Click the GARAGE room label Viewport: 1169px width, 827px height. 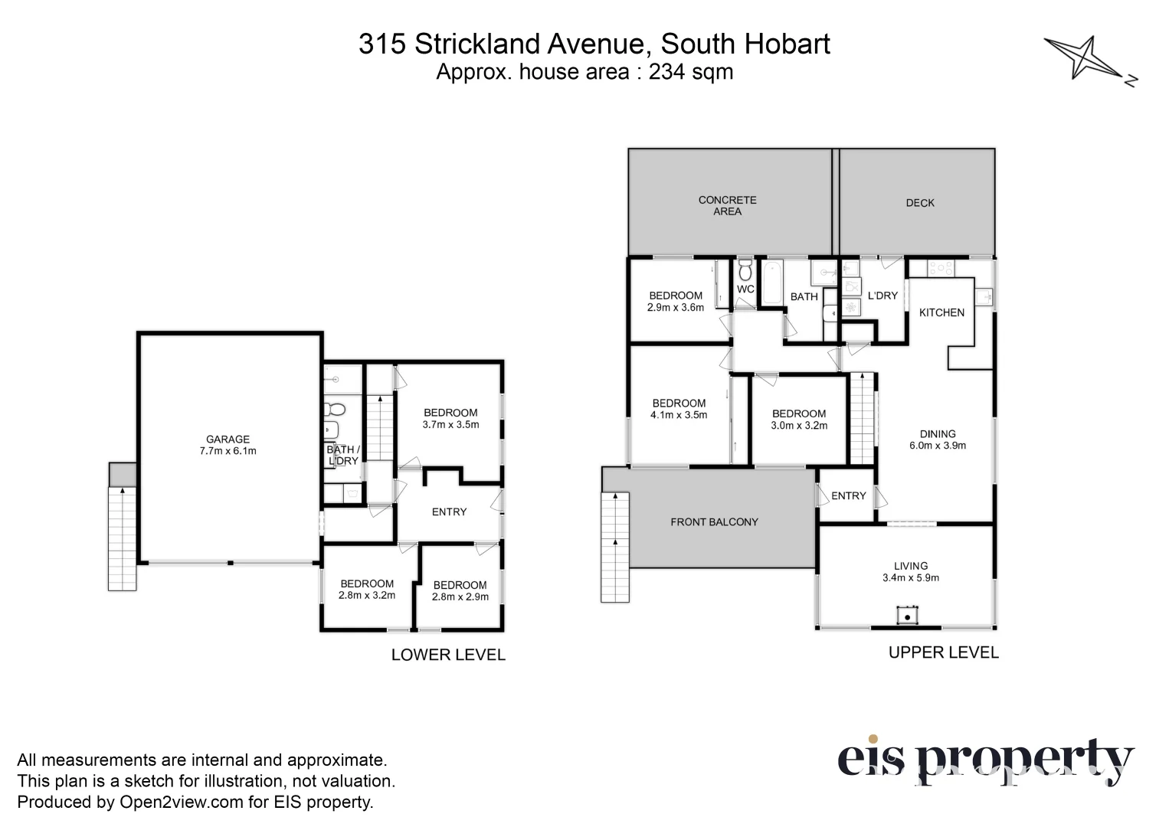[x=228, y=440]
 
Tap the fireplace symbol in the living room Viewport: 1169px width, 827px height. [x=908, y=616]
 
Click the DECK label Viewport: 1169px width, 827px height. [x=920, y=203]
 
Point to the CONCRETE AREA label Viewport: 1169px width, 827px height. [x=727, y=205]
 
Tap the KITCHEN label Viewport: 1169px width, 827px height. [x=941, y=312]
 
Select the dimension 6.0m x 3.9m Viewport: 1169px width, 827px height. [x=938, y=446]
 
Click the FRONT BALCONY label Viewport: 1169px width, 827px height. [x=714, y=522]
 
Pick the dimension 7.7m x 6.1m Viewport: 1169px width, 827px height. [x=228, y=451]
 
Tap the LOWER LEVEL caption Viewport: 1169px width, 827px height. [x=448, y=655]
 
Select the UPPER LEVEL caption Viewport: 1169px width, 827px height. [x=943, y=652]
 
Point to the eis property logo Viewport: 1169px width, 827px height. [x=984, y=760]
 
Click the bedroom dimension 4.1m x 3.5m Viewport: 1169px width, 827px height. [x=679, y=415]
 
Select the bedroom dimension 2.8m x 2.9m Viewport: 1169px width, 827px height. [x=460, y=597]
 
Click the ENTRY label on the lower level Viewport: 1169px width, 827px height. [x=449, y=512]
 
